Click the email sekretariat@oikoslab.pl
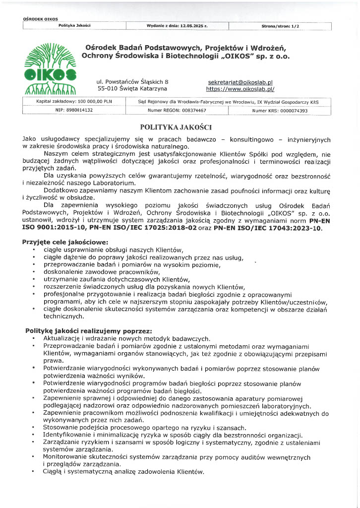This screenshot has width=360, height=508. (240, 82)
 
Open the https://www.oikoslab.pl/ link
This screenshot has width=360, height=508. (240, 89)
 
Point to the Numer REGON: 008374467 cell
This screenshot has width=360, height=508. (177, 110)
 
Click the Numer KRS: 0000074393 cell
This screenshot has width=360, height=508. (280, 111)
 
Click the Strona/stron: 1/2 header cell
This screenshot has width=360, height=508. (280, 26)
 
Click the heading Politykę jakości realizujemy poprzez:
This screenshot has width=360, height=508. (89, 330)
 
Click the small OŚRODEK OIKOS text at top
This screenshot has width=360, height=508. (41, 19)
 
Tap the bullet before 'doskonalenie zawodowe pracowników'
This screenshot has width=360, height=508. (33, 271)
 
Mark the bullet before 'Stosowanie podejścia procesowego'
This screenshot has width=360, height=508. (33, 428)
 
